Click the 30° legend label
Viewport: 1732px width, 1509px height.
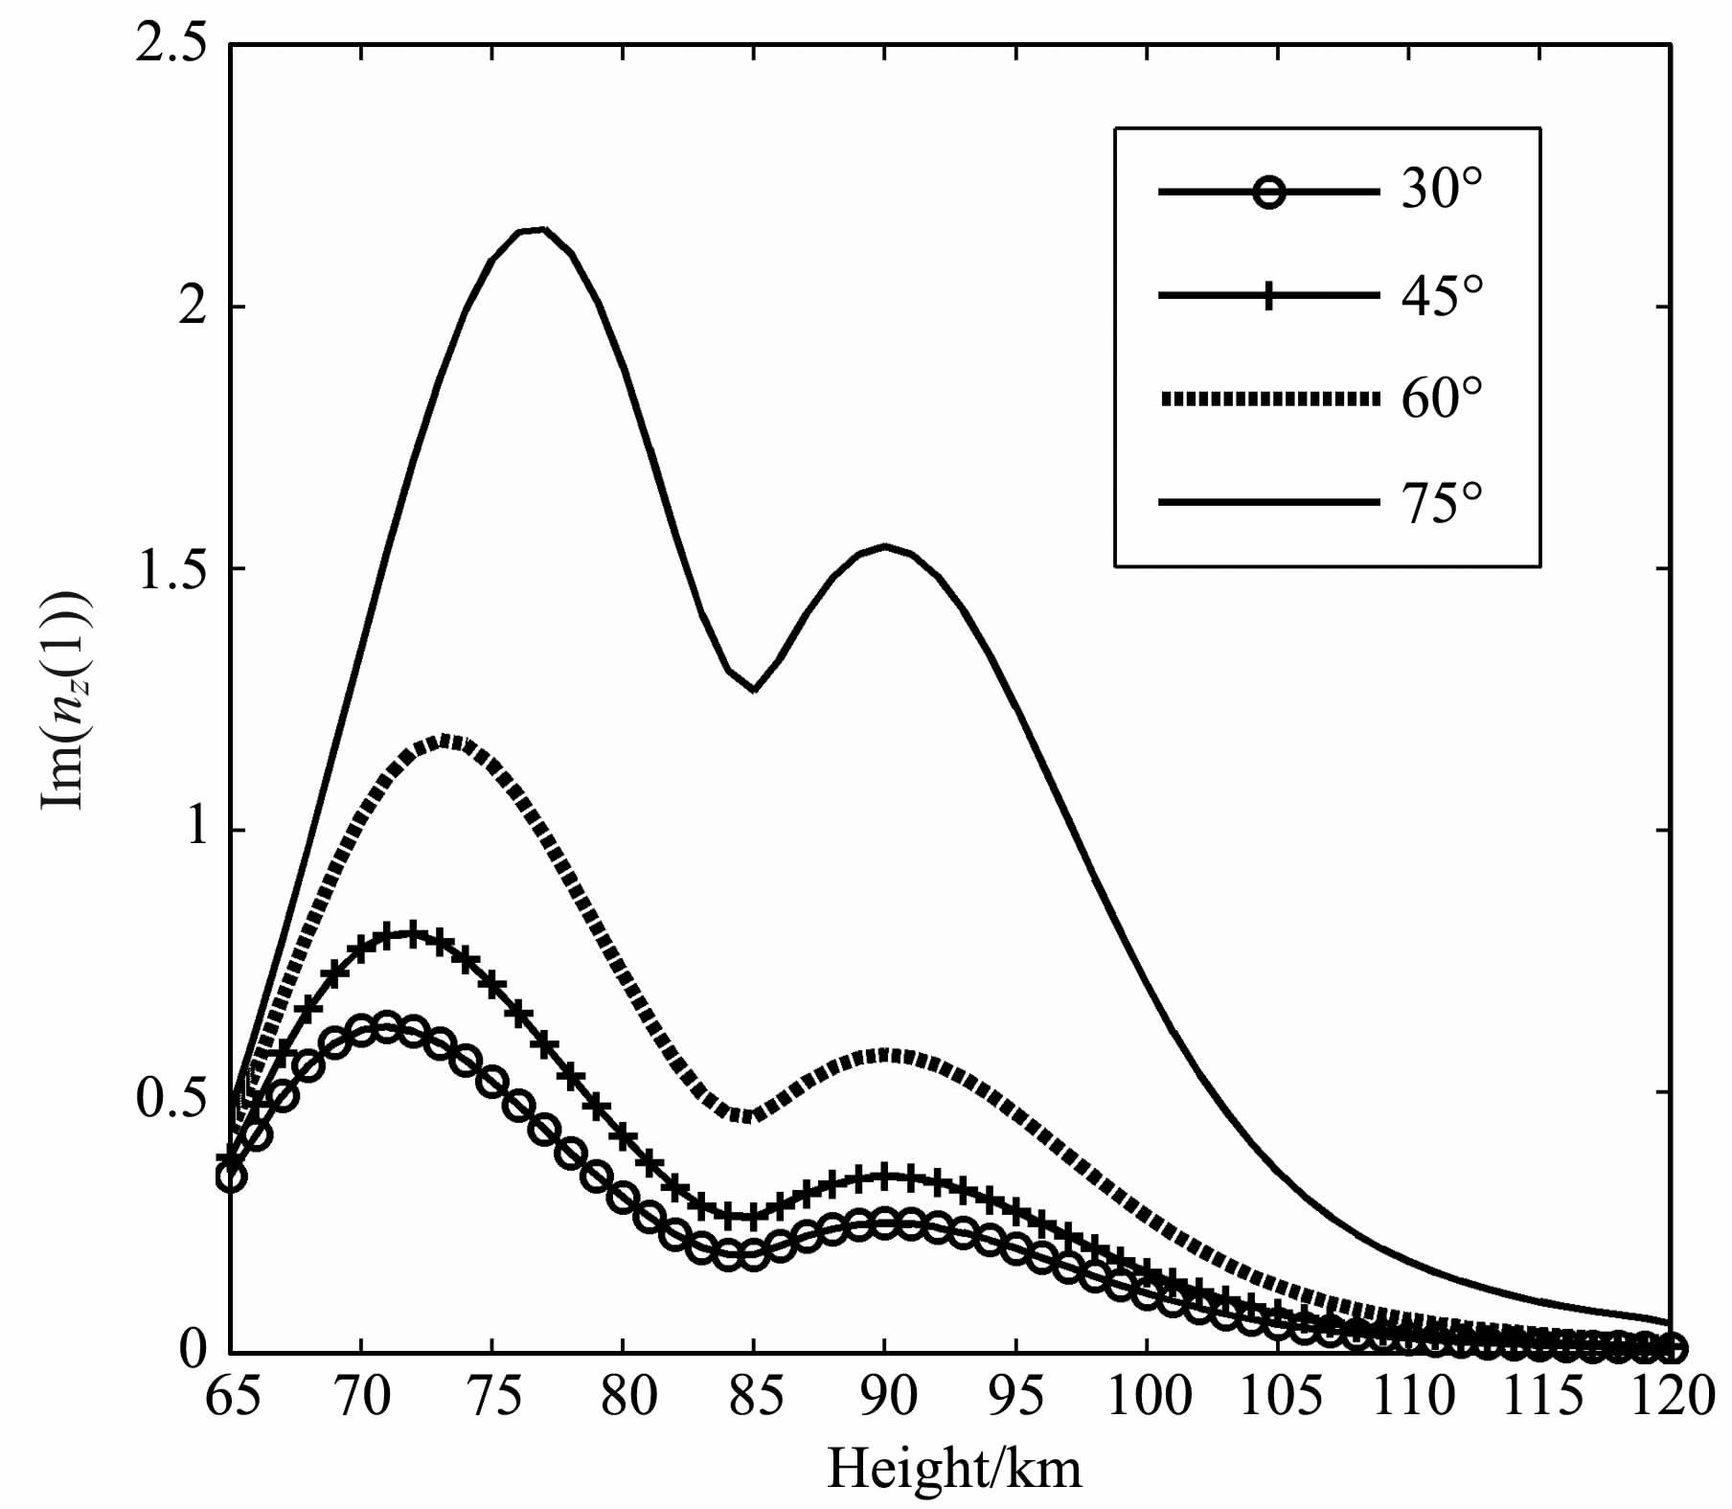(1442, 192)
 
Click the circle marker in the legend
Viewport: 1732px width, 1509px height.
(1268, 193)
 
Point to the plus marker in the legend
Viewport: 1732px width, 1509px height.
(1268, 296)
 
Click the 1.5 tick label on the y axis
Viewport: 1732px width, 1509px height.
(172, 569)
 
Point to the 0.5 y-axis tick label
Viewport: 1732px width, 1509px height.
(172, 1091)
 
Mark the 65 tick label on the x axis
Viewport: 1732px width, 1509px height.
(232, 1398)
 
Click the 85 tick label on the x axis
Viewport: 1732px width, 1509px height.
(754, 1398)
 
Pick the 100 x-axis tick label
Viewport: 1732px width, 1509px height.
(1147, 1398)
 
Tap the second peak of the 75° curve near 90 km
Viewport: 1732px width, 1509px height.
(885, 546)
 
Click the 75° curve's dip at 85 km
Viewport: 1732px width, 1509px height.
(754, 689)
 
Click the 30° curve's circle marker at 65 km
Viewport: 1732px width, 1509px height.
(231, 1177)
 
